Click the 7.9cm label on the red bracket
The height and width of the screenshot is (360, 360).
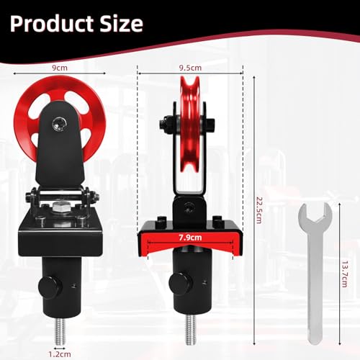(191, 234)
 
